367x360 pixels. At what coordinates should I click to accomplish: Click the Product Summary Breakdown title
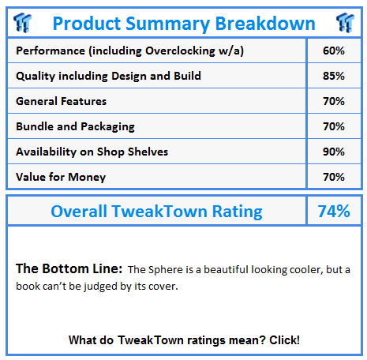[x=183, y=23]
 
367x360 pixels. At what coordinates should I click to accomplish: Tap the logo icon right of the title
[x=343, y=22]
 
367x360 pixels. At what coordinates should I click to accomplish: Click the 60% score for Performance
[x=334, y=51]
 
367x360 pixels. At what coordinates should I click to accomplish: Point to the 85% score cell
[x=334, y=77]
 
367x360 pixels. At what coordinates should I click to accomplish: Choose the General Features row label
[x=61, y=101]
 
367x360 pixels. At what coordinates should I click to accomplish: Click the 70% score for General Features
[x=334, y=101]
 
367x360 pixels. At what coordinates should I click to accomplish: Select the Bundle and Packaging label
[x=75, y=126]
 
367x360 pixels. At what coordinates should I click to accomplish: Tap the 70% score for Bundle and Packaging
[x=334, y=126]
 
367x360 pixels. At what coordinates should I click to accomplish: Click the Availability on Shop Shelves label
[x=92, y=152]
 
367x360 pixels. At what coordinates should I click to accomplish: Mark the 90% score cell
[x=334, y=152]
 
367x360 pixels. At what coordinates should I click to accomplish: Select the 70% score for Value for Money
[x=334, y=177]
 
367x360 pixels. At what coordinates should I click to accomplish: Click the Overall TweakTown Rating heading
[x=156, y=212]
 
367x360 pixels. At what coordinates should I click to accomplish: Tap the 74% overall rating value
[x=334, y=212]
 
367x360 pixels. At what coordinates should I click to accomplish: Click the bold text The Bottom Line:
[x=68, y=269]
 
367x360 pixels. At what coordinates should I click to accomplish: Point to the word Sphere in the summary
[x=164, y=270]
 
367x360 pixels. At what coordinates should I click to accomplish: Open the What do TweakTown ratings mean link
[x=184, y=340]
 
